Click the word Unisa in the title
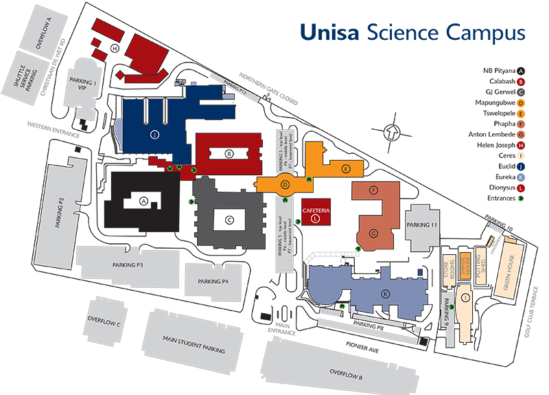pyautogui.click(x=327, y=32)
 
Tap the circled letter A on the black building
pyautogui.click(x=143, y=201)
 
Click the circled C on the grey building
pyautogui.click(x=230, y=220)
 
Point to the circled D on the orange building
pyautogui.click(x=284, y=184)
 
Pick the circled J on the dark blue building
pyautogui.click(x=154, y=135)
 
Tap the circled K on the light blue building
pyautogui.click(x=386, y=293)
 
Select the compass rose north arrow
pyautogui.click(x=392, y=129)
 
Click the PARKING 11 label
pyautogui.click(x=421, y=225)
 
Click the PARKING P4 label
pyautogui.click(x=213, y=281)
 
